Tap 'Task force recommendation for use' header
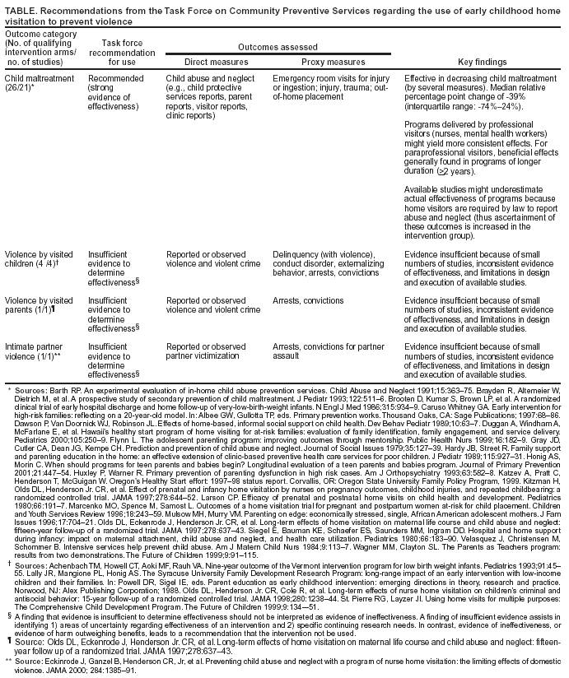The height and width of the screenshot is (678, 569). (x=121, y=52)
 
